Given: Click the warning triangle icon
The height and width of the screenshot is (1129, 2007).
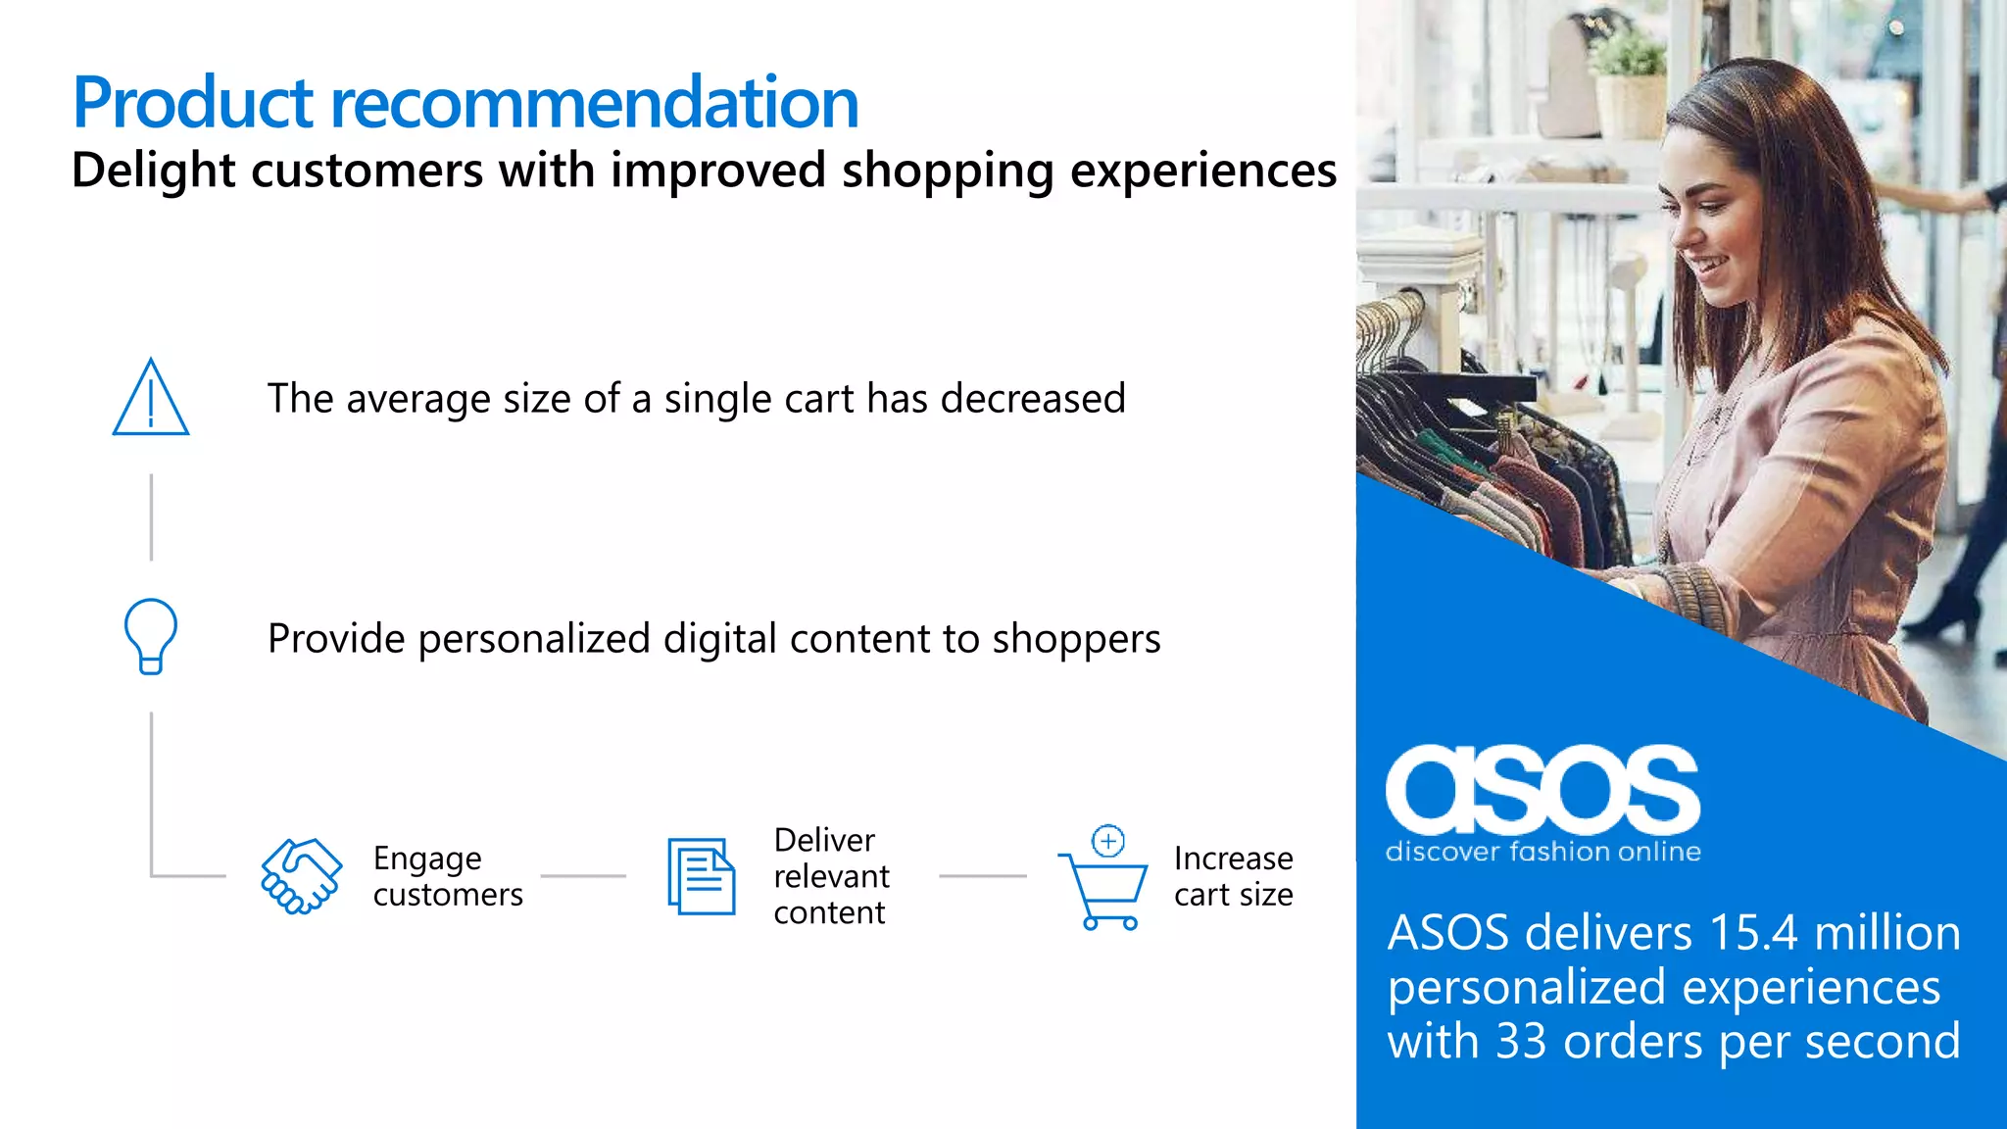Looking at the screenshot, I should (150, 399).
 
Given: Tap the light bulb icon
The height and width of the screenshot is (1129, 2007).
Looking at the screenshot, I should (150, 636).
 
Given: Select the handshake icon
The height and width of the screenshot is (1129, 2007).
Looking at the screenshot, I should (301, 876).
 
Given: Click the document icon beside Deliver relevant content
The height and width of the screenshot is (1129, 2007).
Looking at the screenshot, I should (701, 876).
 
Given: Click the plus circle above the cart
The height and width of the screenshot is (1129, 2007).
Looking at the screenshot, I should (1108, 841).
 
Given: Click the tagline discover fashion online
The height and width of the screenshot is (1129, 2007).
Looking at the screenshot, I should (1542, 852).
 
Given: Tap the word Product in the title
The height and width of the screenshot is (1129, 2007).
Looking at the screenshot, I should (192, 103).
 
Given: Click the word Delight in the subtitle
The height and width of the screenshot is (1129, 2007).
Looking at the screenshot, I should (154, 171).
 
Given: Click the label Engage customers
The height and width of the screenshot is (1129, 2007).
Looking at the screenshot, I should (448, 876).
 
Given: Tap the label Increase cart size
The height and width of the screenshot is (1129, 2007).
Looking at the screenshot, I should (1233, 876).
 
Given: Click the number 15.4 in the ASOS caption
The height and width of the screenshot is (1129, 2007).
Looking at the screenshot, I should (1753, 933).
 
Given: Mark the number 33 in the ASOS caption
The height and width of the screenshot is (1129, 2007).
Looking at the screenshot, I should (1523, 1041).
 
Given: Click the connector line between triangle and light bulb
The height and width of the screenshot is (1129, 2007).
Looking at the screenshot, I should (151, 517).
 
